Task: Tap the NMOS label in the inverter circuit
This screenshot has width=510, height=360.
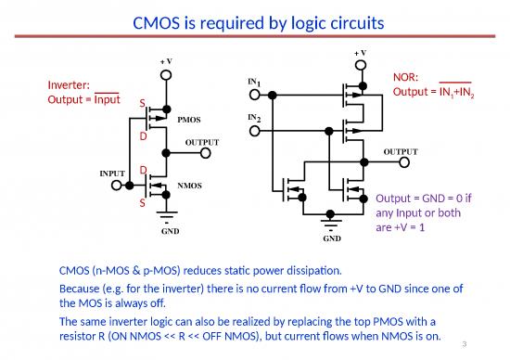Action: pos(189,185)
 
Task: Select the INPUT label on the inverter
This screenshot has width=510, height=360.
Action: pos(113,173)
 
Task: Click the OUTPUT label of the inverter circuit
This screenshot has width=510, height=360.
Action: pos(202,142)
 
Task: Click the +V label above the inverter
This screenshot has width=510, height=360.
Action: pos(166,60)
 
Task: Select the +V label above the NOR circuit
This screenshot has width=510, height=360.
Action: pos(360,53)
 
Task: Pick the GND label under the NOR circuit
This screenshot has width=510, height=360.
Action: pos(332,238)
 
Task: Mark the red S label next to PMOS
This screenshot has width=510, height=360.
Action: pos(142,103)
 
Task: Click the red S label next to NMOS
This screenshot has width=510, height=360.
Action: pos(142,202)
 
